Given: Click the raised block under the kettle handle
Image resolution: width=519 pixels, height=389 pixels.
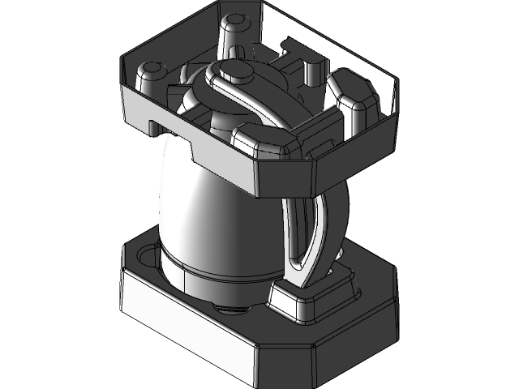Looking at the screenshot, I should [x=308, y=300].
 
